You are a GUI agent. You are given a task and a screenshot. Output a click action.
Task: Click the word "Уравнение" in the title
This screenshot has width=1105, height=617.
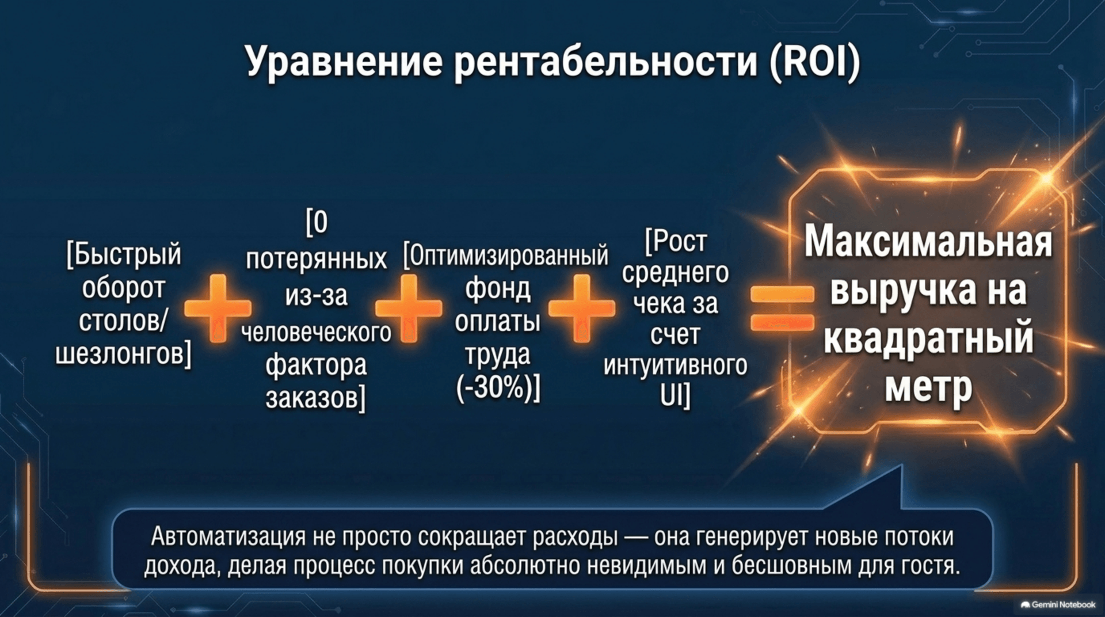pyautogui.click(x=344, y=62)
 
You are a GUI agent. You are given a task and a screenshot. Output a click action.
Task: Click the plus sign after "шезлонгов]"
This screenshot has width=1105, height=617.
pyautogui.click(x=218, y=308)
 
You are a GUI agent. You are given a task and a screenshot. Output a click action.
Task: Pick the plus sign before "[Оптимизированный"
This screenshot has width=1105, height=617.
pyautogui.click(x=409, y=308)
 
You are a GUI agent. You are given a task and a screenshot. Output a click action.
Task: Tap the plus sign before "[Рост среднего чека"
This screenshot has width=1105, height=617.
pyautogui.click(x=581, y=308)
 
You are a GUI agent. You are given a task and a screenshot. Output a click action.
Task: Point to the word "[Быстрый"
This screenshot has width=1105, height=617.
pyautogui.click(x=124, y=255)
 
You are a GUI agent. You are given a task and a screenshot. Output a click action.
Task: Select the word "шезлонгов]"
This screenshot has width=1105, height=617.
pyautogui.click(x=123, y=353)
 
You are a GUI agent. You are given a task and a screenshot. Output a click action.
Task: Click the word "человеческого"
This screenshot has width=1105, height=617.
pyautogui.click(x=316, y=332)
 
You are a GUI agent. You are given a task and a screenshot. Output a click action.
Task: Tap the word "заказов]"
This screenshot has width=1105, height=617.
pyautogui.click(x=315, y=398)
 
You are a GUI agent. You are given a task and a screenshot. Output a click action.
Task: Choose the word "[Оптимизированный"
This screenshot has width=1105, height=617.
pyautogui.click(x=505, y=256)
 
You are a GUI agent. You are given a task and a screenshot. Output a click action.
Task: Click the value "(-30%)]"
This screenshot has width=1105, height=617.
pyautogui.click(x=498, y=387)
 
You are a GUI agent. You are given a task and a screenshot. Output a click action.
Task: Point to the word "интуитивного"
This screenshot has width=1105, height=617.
pyautogui.click(x=675, y=365)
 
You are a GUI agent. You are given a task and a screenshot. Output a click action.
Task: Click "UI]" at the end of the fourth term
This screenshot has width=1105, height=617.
pyautogui.click(x=675, y=396)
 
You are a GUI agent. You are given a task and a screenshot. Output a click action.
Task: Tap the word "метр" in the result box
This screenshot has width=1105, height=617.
pyautogui.click(x=928, y=387)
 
